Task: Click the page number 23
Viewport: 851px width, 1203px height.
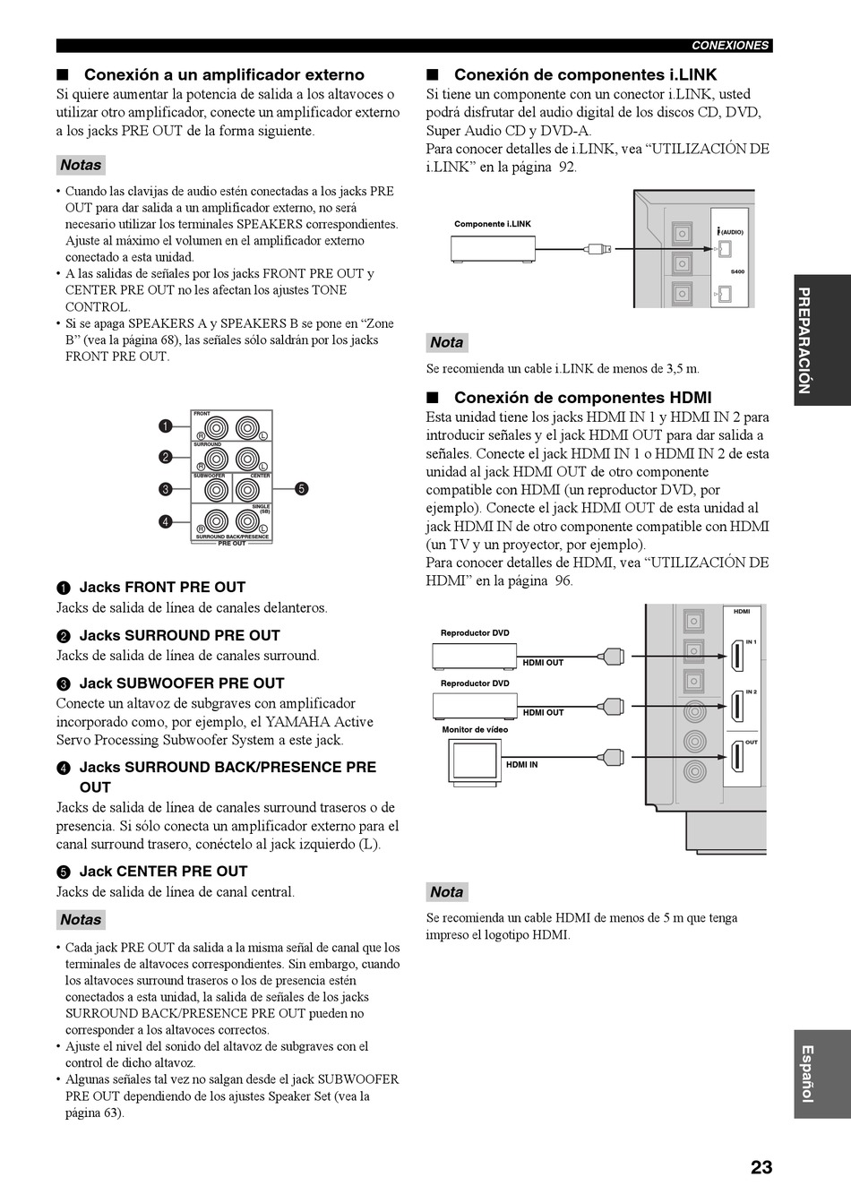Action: click(761, 1167)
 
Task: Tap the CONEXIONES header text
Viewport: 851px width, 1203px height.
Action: click(730, 46)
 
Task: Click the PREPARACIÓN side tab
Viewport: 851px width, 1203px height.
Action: click(822, 340)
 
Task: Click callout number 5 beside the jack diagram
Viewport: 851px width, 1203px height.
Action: click(302, 489)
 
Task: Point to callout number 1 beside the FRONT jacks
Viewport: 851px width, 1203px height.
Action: click(166, 426)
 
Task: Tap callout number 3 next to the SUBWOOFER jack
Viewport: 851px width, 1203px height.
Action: click(166, 489)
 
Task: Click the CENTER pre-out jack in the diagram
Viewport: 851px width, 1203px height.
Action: click(247, 490)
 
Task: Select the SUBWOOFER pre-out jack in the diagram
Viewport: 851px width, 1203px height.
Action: click(217, 490)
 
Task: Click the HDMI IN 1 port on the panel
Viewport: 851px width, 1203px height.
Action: click(737, 656)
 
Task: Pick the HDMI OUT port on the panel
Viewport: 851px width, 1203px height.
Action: click(737, 757)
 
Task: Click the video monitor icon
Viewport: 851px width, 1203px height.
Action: click(475, 762)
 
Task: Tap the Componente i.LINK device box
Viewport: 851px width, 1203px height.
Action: click(493, 250)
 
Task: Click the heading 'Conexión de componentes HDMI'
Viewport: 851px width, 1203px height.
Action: click(582, 398)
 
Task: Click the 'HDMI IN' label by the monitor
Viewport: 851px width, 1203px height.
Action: click(522, 765)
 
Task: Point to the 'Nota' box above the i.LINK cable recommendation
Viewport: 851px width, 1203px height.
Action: click(447, 342)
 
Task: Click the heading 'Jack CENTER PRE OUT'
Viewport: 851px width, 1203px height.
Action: click(163, 871)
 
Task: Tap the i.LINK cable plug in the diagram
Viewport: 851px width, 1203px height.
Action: click(597, 249)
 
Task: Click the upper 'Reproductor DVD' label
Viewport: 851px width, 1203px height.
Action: click(475, 632)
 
